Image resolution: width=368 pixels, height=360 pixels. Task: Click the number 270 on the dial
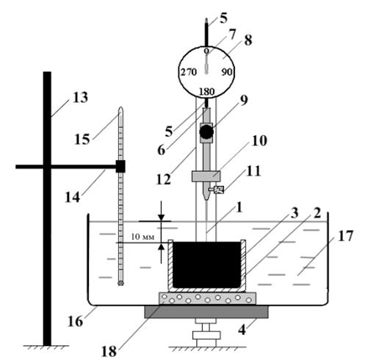pyautogui.click(x=189, y=72)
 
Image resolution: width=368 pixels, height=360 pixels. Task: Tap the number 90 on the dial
pyautogui.click(x=227, y=72)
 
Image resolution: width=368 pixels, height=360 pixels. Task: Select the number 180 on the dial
pyautogui.click(x=207, y=92)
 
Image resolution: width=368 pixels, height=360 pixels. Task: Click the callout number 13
pyautogui.click(x=80, y=98)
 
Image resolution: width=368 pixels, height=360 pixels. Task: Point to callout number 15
pyautogui.click(x=82, y=140)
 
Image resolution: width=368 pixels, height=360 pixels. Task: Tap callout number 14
pyautogui.click(x=73, y=197)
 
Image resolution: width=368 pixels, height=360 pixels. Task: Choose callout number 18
pyautogui.click(x=109, y=351)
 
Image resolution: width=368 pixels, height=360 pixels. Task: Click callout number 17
pyautogui.click(x=345, y=236)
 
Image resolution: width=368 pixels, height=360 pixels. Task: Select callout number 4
pyautogui.click(x=242, y=330)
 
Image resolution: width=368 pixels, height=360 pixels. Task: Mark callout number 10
pyautogui.click(x=259, y=141)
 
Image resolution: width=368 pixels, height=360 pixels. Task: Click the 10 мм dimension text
pyautogui.click(x=142, y=237)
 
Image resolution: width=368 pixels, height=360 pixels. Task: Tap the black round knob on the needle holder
pyautogui.click(x=206, y=132)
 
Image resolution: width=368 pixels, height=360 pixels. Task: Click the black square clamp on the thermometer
pyautogui.click(x=120, y=167)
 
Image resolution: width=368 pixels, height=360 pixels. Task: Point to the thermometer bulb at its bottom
pyautogui.click(x=120, y=284)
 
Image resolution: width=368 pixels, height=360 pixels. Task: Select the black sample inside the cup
pyautogui.click(x=206, y=264)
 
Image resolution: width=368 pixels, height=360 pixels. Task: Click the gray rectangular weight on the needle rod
pyautogui.click(x=206, y=176)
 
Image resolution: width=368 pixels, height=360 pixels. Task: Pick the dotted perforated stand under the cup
pyautogui.click(x=208, y=298)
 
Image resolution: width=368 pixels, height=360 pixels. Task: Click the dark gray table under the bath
pyautogui.click(x=206, y=312)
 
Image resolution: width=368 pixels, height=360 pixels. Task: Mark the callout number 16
pyautogui.click(x=75, y=322)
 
